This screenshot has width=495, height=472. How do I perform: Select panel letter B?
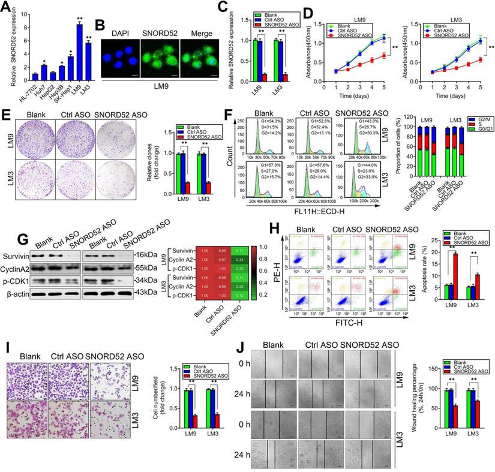click(x=100, y=26)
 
